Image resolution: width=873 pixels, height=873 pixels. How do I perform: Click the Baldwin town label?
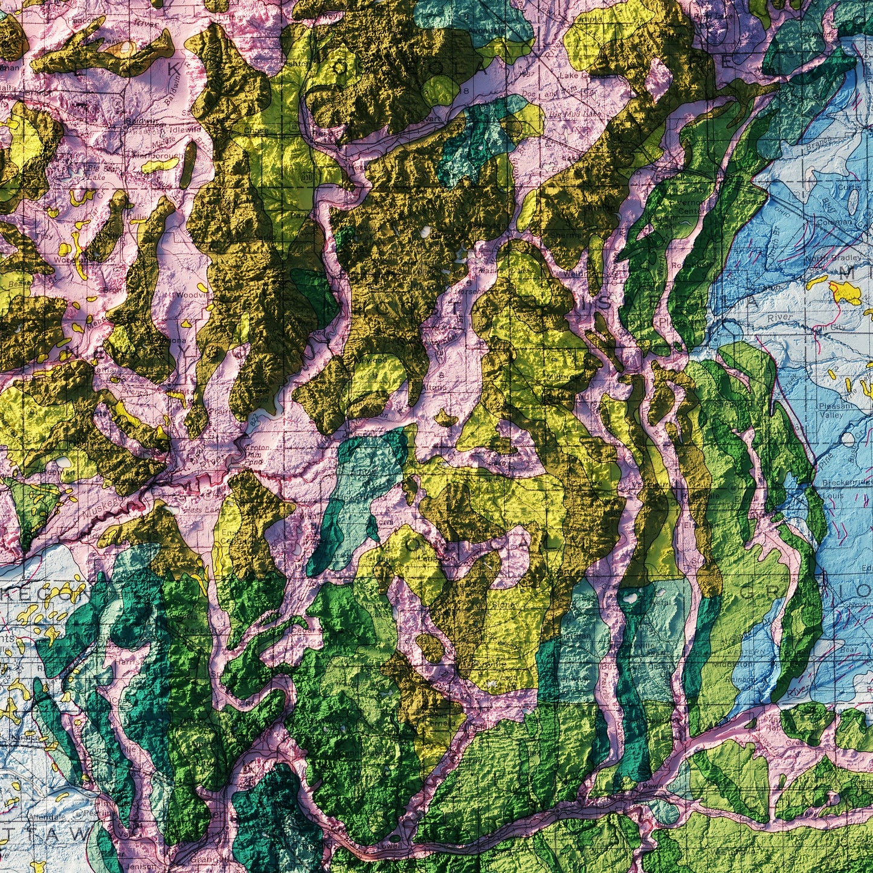click(x=137, y=121)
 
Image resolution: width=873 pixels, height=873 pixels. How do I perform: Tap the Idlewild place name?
click(x=185, y=129)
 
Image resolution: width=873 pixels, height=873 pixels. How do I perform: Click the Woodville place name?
click(x=192, y=295)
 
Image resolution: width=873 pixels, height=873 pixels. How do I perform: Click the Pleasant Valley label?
click(x=836, y=410)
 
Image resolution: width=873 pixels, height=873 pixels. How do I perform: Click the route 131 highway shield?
click(x=309, y=176)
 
